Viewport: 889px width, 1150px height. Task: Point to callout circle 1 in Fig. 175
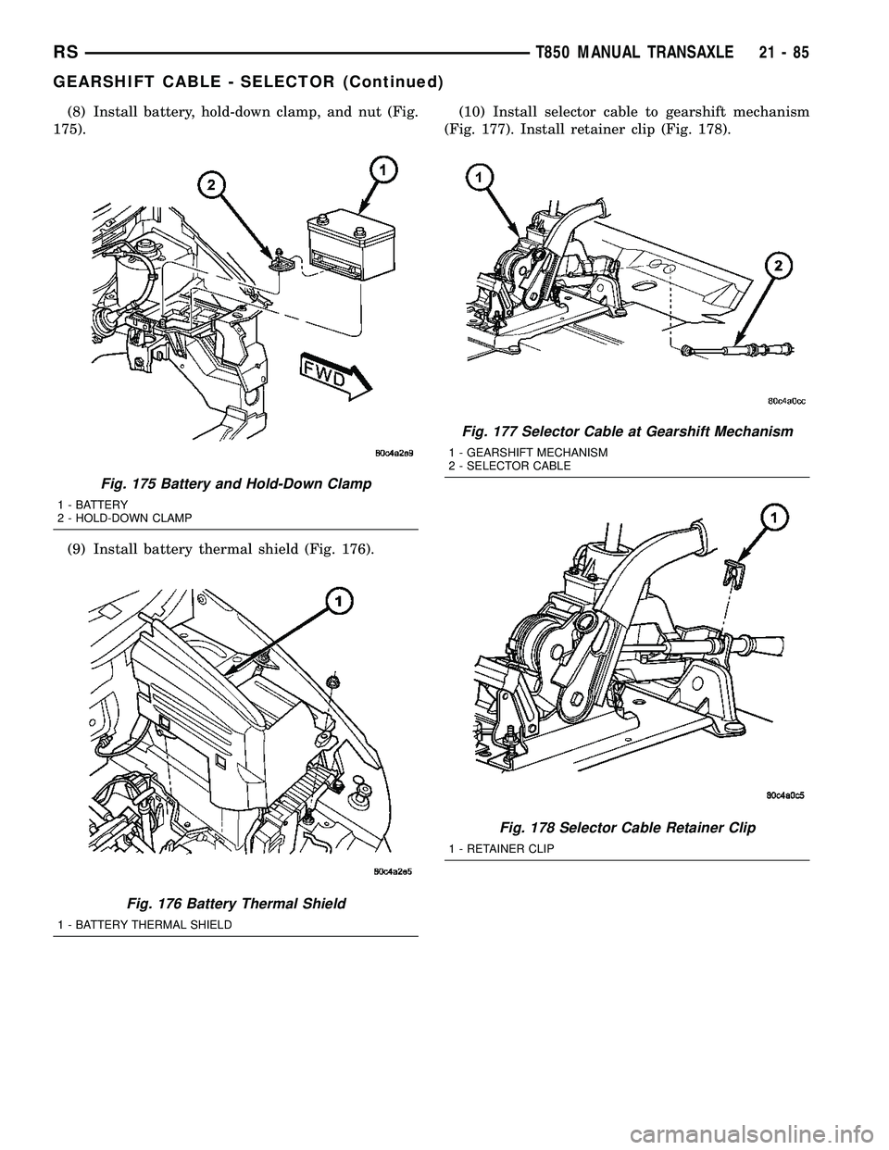pyautogui.click(x=378, y=169)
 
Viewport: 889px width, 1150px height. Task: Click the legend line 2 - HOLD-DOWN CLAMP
pyautogui.click(x=131, y=516)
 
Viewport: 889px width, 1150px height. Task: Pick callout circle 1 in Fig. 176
pyautogui.click(x=340, y=604)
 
